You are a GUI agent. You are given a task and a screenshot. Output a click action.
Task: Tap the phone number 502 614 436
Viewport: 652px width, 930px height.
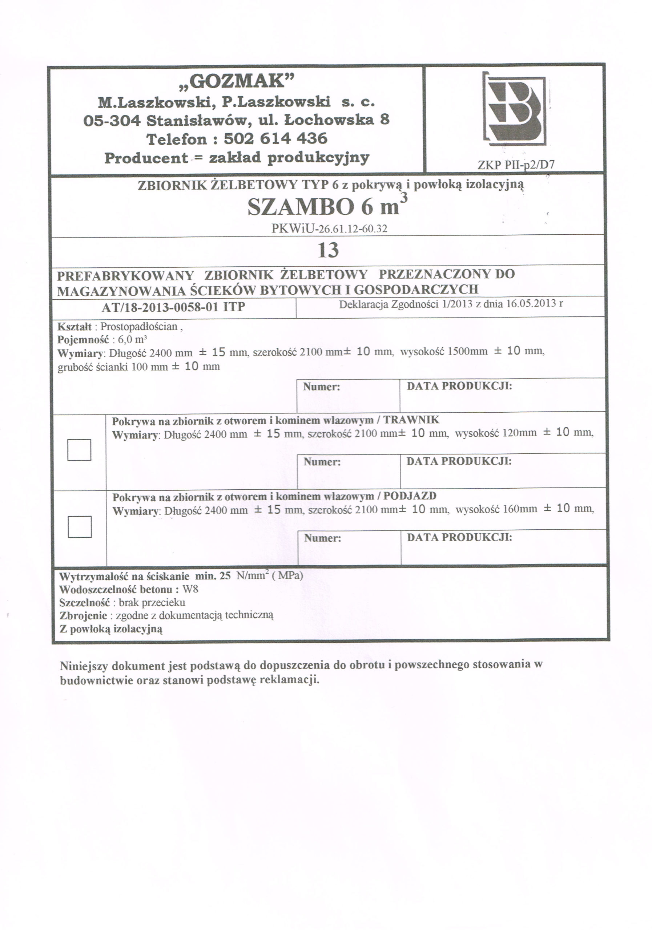tap(275, 139)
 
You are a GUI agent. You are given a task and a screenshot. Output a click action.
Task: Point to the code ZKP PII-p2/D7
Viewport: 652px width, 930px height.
tap(515, 165)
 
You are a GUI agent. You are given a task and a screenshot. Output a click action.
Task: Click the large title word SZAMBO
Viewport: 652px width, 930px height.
tap(300, 207)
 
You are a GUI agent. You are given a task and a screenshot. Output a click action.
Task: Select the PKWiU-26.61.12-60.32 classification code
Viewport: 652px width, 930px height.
tap(329, 229)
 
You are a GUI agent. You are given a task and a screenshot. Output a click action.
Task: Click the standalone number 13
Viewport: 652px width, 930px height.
tap(328, 250)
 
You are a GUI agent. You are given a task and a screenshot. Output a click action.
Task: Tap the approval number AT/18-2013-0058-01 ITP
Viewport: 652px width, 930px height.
tap(173, 307)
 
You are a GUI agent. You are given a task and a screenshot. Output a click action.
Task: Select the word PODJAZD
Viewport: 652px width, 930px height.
tap(410, 496)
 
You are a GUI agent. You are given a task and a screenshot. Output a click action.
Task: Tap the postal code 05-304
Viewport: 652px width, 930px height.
tap(112, 120)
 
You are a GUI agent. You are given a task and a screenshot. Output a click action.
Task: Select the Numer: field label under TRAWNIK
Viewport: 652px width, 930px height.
tap(322, 462)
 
